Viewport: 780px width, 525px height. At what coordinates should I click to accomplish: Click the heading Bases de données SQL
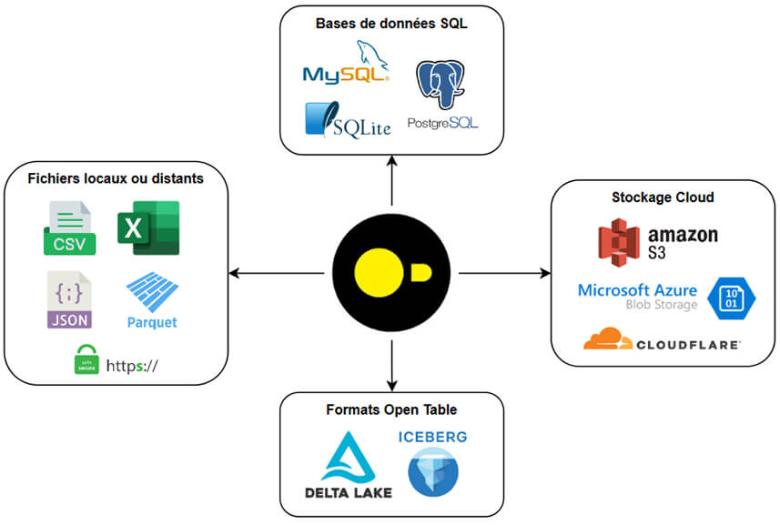[391, 24]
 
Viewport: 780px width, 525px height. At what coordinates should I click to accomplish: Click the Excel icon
[147, 228]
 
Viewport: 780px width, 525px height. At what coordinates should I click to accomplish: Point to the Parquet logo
[152, 301]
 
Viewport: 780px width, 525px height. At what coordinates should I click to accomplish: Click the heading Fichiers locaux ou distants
[116, 178]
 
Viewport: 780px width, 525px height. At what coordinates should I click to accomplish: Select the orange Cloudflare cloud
[608, 339]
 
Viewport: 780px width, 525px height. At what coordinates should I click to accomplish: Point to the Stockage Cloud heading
[662, 197]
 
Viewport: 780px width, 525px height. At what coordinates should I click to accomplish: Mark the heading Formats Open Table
[391, 409]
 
